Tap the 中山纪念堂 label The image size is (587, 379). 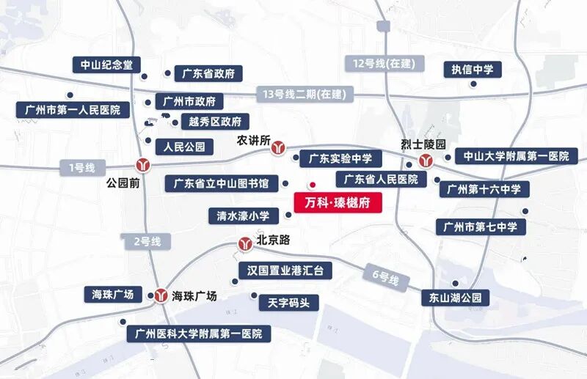point(106,65)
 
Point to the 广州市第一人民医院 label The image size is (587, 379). point(73,110)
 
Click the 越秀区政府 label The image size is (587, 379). point(214,122)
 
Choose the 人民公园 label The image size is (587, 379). point(183,147)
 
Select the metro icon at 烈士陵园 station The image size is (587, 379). point(424,161)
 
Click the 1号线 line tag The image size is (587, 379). point(82,168)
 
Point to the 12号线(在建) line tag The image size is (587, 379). point(384,64)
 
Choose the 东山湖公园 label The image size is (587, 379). point(455,298)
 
